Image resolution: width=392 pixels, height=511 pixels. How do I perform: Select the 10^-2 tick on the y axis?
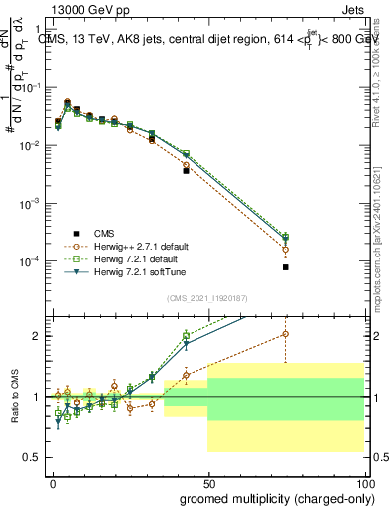click(34, 146)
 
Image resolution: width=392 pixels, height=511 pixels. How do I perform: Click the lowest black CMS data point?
click(285, 267)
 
